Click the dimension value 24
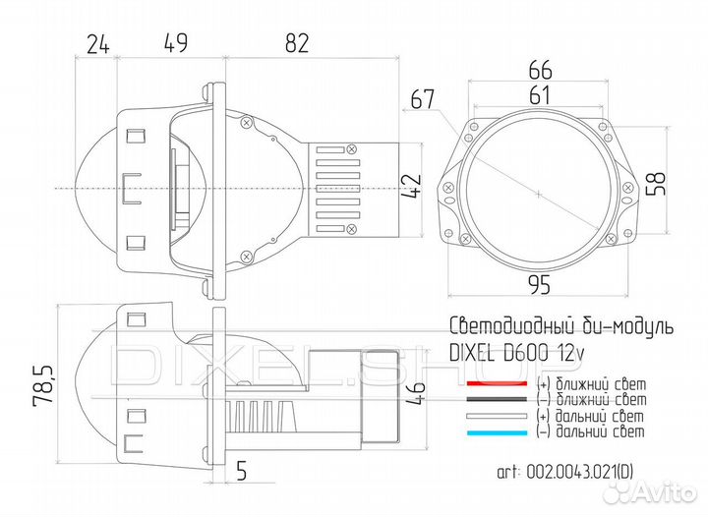(96, 42)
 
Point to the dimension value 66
(540, 71)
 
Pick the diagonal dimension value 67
(423, 98)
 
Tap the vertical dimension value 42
(412, 186)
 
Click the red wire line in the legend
(498, 383)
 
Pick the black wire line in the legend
(498, 400)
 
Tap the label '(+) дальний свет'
(590, 416)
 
